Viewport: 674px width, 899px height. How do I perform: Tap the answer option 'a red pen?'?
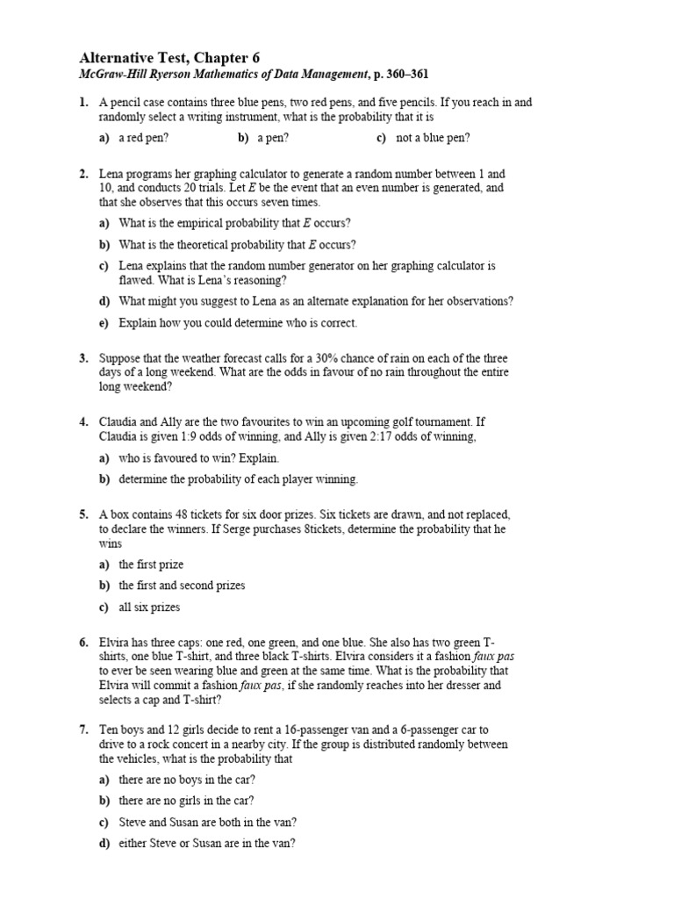pos(144,138)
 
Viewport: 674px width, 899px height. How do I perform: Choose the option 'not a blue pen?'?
pos(433,138)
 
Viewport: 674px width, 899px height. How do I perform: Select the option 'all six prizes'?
pos(149,608)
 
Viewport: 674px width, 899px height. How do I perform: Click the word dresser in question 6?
pos(486,685)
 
